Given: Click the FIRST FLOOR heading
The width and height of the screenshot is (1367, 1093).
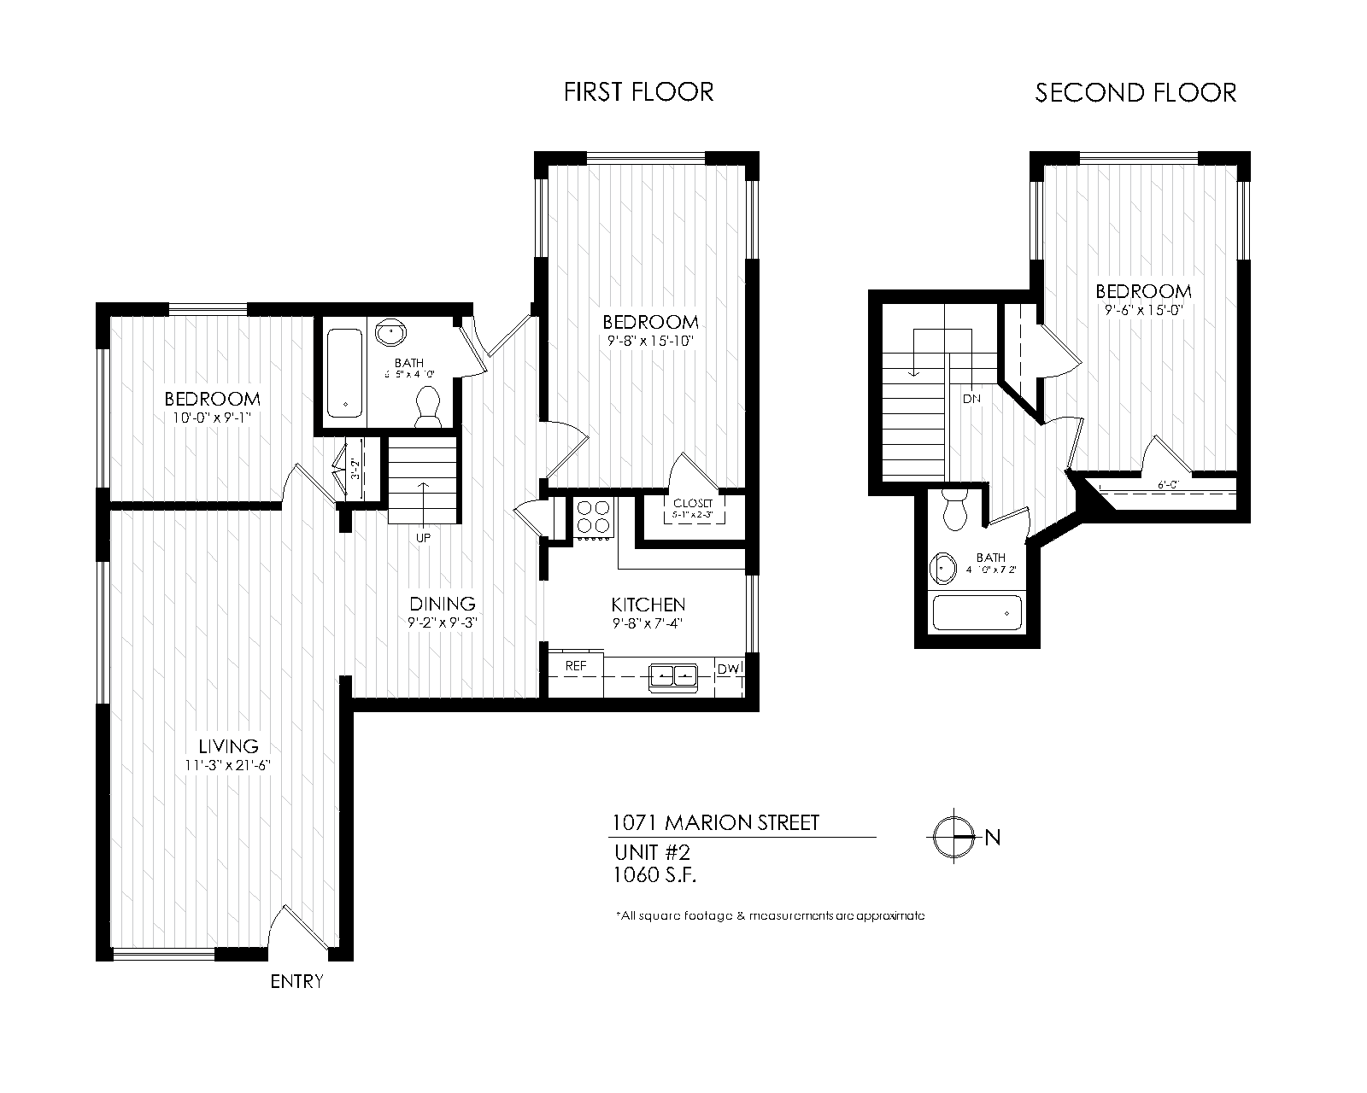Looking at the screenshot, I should click(638, 92).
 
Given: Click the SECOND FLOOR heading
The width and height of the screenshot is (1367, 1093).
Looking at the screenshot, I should click(1135, 93).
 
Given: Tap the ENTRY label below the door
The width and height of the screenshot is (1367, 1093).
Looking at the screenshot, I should click(296, 981).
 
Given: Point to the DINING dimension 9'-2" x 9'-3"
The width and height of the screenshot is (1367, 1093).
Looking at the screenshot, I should click(442, 622).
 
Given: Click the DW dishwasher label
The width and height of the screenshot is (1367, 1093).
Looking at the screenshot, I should click(729, 669).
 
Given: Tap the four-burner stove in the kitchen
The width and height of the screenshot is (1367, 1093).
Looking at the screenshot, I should click(594, 517).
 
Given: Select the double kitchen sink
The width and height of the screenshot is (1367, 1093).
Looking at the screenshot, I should click(674, 675).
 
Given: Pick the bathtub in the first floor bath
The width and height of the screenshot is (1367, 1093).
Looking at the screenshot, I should click(345, 373).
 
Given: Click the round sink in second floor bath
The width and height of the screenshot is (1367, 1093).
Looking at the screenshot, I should click(944, 566).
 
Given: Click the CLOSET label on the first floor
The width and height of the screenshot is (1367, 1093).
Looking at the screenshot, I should click(693, 504).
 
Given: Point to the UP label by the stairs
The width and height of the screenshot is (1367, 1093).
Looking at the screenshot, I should click(423, 538).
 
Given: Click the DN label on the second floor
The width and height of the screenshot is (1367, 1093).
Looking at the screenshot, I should click(971, 399).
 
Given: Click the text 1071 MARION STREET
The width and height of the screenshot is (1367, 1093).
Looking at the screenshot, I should click(716, 823).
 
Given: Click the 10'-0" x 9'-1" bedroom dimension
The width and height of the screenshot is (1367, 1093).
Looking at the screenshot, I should click(211, 418).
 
